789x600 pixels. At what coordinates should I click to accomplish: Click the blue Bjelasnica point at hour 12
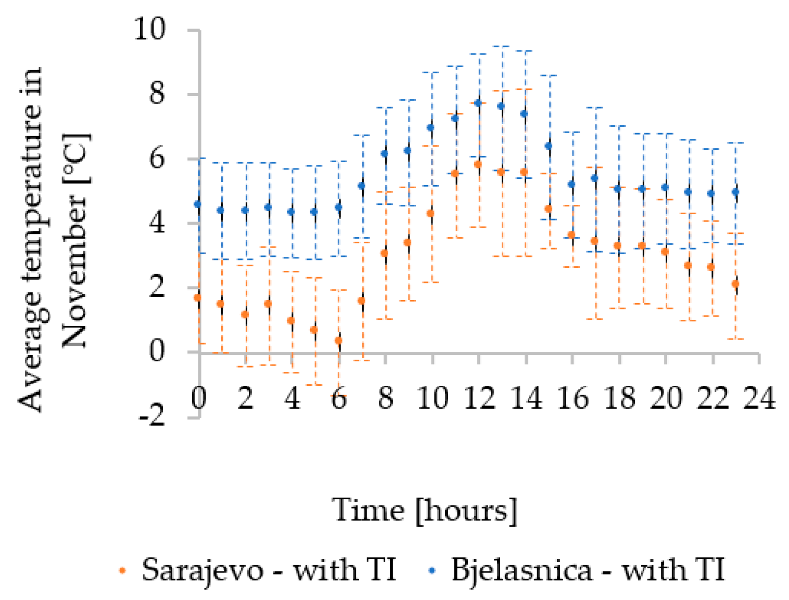coord(478,103)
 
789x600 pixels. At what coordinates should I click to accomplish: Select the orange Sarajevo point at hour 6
coord(338,341)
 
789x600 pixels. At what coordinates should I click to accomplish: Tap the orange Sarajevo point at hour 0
coord(197,297)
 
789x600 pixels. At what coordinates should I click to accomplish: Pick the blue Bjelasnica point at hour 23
coord(735,192)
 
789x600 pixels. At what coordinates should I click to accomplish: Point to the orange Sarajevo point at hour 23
coord(735,283)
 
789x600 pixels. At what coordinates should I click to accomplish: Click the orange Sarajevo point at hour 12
coord(478,164)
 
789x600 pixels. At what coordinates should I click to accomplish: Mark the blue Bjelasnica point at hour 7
coord(362,186)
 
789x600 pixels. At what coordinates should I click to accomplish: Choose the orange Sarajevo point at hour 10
coord(431,213)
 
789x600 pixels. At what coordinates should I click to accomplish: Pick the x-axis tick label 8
coord(386,398)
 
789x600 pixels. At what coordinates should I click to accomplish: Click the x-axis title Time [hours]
coord(424,511)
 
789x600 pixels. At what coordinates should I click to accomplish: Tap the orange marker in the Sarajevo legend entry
coord(122,570)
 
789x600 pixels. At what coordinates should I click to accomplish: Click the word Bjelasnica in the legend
coord(521,570)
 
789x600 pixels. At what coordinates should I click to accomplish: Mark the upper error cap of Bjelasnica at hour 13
coord(502,46)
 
